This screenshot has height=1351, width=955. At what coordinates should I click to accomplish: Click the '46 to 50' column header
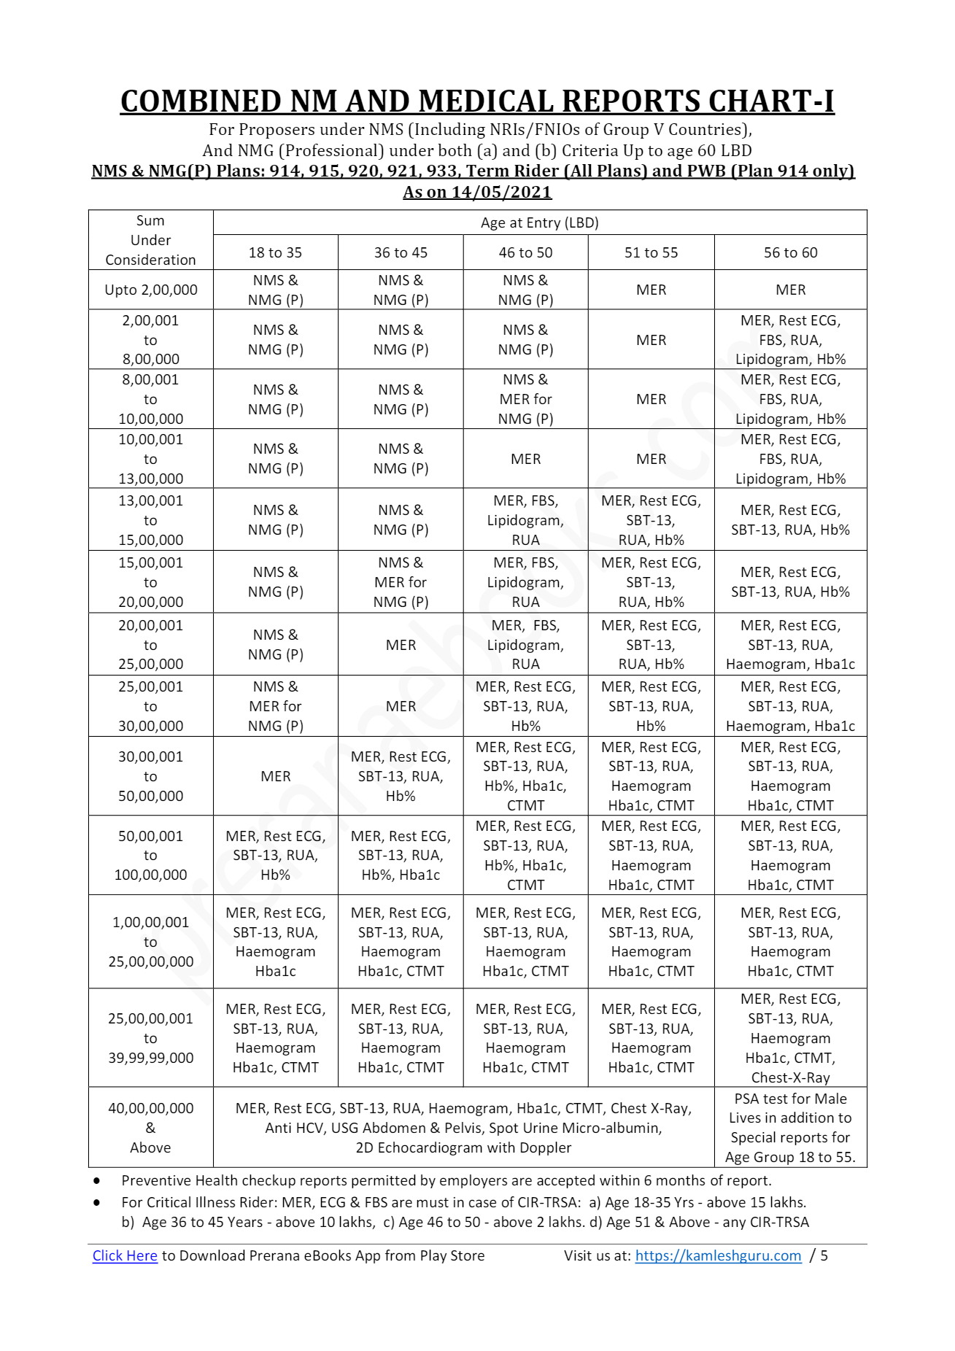[x=525, y=252]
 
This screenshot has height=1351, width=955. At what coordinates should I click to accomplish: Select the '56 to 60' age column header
[x=790, y=252]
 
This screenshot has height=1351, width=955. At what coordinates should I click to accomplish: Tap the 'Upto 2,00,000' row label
[x=151, y=290]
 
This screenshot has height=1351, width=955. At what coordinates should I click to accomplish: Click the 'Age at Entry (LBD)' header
[x=539, y=222]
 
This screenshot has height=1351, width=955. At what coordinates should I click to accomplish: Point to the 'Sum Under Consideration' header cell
[x=151, y=240]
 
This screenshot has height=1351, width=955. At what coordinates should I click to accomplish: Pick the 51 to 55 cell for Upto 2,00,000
[x=651, y=290]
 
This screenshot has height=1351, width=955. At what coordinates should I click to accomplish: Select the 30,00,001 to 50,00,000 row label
[x=151, y=776]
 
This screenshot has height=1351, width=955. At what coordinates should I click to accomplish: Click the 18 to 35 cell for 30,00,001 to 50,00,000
[x=276, y=776]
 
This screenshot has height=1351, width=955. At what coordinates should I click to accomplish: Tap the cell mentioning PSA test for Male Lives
[x=790, y=1127]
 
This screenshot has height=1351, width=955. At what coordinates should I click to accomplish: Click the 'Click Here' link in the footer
[x=125, y=1255]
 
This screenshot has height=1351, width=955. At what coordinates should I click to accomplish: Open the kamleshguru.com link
[x=718, y=1255]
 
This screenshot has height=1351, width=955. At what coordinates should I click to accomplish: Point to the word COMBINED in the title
[x=201, y=101]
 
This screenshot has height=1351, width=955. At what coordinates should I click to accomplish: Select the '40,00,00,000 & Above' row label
[x=151, y=1127]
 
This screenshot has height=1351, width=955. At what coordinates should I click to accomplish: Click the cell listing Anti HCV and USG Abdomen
[x=463, y=1127]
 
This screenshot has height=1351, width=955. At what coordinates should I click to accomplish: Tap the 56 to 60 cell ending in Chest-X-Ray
[x=790, y=1037]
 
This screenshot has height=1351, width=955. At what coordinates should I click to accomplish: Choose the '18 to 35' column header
[x=275, y=252]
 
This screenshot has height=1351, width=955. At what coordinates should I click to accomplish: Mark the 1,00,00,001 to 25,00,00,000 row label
[x=151, y=942]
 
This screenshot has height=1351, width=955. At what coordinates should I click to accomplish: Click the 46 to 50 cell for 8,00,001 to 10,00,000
[x=525, y=399]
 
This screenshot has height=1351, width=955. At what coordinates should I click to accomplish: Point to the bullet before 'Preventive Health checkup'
[x=96, y=1180]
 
